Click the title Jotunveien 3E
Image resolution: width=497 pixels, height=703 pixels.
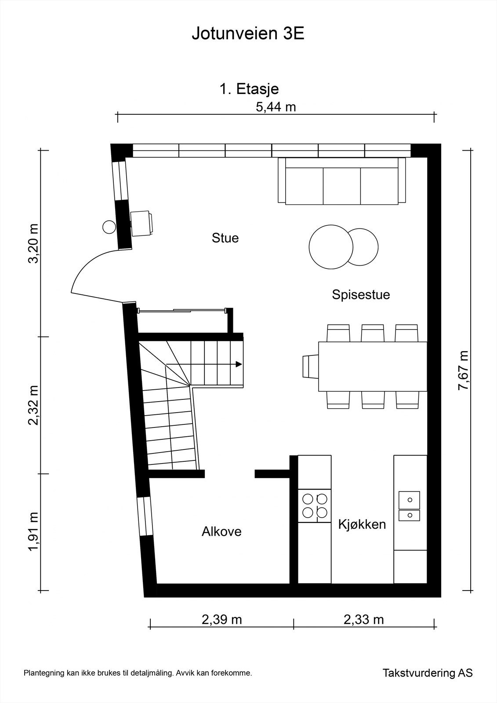click(x=248, y=34)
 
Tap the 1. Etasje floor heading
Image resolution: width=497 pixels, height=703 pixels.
click(x=249, y=90)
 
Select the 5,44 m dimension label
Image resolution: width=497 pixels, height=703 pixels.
click(x=276, y=107)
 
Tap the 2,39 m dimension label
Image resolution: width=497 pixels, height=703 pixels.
click(x=221, y=620)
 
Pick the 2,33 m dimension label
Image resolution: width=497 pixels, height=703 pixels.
click(x=363, y=620)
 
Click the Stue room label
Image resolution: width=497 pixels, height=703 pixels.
click(x=225, y=238)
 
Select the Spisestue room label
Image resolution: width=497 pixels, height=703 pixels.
click(x=361, y=295)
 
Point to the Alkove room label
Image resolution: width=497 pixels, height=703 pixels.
click(x=221, y=532)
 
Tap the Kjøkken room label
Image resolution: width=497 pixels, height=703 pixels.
click(x=362, y=525)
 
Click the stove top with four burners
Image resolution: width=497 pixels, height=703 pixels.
click(x=315, y=506)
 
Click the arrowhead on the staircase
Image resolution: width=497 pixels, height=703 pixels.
click(x=239, y=364)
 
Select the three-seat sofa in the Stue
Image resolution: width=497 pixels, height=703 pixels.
click(x=341, y=181)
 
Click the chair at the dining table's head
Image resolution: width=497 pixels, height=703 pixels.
click(x=311, y=366)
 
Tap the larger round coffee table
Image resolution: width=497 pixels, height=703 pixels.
click(x=331, y=247)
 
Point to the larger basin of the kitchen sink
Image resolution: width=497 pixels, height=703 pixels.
click(x=410, y=500)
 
